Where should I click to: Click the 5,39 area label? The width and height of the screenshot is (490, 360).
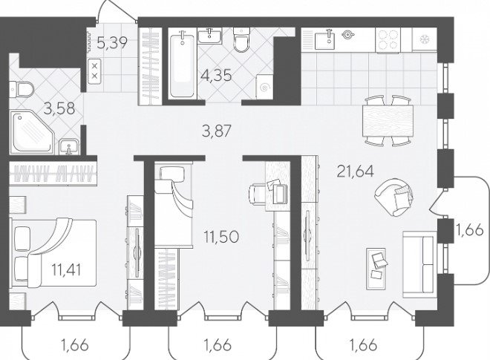112,43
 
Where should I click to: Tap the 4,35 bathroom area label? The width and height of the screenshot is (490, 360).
216,76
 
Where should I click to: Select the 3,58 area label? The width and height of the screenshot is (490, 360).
59,108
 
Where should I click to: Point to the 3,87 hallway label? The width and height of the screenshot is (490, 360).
216,131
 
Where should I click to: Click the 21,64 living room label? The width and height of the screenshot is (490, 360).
356,171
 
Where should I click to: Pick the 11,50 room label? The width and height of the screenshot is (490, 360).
221,237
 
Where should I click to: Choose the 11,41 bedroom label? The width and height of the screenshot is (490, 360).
66,269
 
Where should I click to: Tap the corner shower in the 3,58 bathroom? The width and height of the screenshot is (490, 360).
32,131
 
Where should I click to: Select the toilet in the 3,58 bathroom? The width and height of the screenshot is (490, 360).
21,89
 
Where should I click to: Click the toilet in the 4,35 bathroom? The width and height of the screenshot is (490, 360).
241,40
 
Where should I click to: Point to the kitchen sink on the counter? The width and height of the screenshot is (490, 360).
324,39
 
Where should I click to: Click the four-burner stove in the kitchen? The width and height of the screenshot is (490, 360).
388,39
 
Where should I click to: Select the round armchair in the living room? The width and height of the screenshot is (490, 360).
393,197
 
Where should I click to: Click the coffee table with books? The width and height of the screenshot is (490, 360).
376,269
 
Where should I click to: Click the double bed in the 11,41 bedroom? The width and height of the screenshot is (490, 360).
53,252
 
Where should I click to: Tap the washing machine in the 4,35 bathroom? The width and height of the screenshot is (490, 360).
264,87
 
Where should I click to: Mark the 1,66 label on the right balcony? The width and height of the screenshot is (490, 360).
470,230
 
